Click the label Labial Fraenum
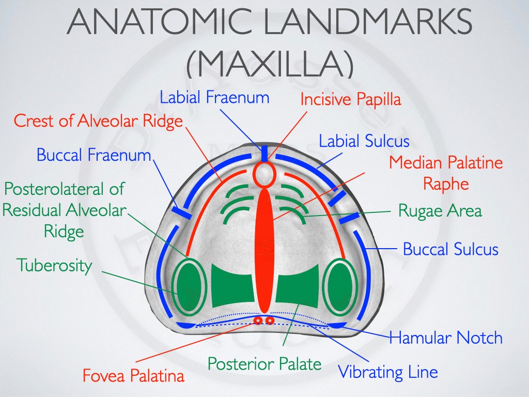point(214,97)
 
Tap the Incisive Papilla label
point(351,100)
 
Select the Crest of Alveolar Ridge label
point(98,121)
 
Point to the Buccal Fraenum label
point(94,155)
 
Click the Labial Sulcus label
point(364,141)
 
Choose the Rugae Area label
point(440,211)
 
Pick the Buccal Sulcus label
point(450,249)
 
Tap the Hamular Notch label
point(446,337)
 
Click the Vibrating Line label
point(388,372)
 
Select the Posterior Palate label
point(264,363)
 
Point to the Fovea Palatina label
point(134,375)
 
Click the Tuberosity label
point(54,265)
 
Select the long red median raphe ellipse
point(265,250)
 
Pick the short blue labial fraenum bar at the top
point(264,154)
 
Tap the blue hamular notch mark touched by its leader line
point(337,325)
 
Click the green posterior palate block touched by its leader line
point(297,285)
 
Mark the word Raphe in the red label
point(446,185)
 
